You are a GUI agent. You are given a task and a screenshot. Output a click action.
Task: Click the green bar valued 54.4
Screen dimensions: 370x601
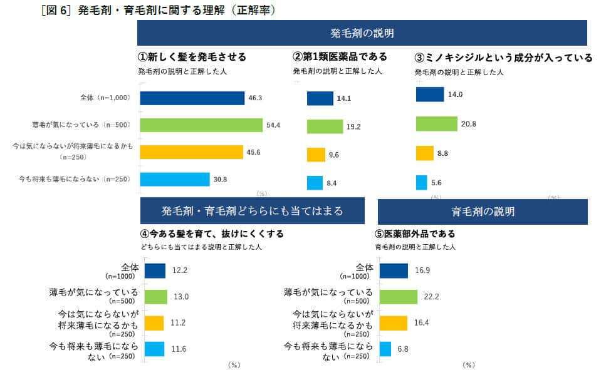point(201,125)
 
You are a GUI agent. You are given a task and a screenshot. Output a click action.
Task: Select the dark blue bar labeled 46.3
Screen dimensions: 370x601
point(192,98)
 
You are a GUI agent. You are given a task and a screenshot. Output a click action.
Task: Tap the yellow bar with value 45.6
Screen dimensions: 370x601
point(191,152)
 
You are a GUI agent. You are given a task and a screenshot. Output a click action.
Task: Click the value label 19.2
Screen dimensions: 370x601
point(353,126)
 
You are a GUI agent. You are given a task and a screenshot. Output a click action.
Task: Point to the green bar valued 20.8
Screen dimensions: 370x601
point(436,124)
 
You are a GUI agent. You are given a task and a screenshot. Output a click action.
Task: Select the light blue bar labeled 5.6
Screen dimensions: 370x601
point(422,183)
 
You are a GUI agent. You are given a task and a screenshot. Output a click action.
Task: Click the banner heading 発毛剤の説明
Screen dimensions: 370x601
point(362,33)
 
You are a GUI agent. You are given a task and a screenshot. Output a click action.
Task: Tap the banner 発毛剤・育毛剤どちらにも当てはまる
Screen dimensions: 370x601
point(252,211)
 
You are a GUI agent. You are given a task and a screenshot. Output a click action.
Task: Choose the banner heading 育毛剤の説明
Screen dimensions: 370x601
point(483,211)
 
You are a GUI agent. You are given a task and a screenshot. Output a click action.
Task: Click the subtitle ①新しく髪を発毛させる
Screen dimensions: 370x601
point(192,57)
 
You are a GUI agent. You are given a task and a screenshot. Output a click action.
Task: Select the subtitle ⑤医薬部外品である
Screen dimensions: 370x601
point(415,234)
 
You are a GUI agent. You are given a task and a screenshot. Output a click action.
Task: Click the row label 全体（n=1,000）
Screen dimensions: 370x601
point(103,98)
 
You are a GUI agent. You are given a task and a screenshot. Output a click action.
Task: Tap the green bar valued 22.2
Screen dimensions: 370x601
point(399,296)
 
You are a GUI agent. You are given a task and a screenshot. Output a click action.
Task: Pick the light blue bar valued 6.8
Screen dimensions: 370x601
point(385,349)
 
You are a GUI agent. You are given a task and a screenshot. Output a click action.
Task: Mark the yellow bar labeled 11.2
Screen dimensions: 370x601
point(154,322)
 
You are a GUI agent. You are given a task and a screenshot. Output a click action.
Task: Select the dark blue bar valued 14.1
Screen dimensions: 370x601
point(320,98)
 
